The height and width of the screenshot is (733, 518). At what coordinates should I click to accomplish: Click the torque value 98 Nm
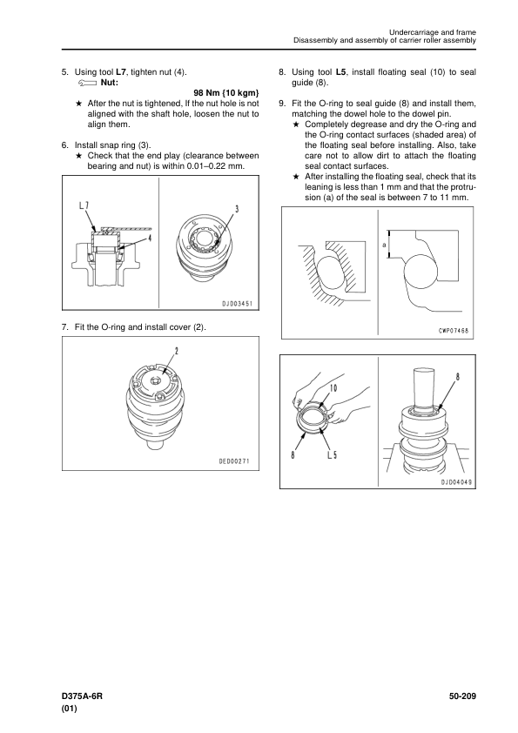[x=206, y=93]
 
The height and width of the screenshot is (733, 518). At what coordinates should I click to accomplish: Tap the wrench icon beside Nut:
[x=88, y=84]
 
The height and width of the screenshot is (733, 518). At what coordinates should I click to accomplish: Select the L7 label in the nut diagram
[x=84, y=205]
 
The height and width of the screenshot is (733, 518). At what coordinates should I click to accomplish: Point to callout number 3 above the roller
[x=237, y=209]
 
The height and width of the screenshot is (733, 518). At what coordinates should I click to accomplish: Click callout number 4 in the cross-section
[x=150, y=238]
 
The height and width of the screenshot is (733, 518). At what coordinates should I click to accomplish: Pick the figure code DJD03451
[x=237, y=304]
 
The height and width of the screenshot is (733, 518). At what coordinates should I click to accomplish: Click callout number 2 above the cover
[x=176, y=351]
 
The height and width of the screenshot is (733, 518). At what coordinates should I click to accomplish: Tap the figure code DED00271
[x=235, y=461]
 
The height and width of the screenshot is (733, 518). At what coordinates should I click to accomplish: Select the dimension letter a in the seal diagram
[x=384, y=244]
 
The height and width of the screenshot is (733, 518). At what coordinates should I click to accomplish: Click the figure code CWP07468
[x=454, y=332]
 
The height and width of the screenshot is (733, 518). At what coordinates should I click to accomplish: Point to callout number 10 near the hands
[x=333, y=388]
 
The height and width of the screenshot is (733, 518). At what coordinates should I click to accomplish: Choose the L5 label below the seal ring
[x=332, y=454]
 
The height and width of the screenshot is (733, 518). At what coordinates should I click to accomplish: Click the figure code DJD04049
[x=456, y=482]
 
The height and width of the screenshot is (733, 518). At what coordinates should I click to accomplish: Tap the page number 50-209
[x=462, y=696]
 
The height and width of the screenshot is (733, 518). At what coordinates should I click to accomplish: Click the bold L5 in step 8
[x=340, y=72]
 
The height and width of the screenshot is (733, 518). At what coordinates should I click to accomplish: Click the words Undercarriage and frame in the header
[x=433, y=32]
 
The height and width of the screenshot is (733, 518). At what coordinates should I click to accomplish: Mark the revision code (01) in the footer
[x=69, y=709]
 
